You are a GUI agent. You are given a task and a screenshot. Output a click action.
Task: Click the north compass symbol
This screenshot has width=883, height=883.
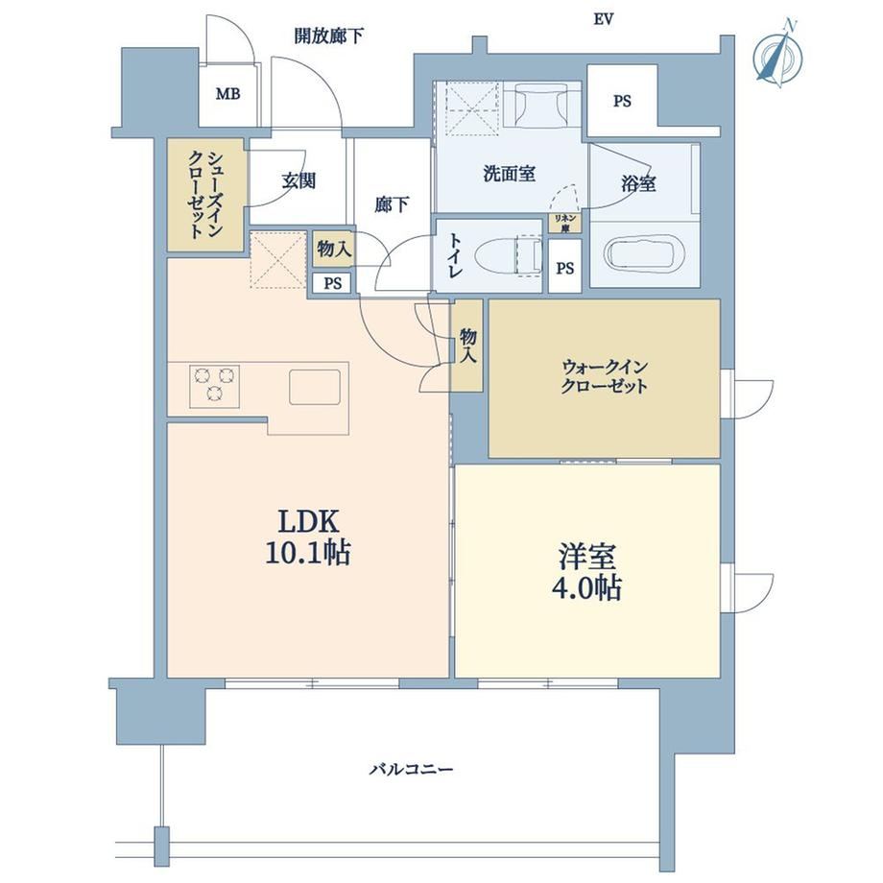click(x=778, y=53)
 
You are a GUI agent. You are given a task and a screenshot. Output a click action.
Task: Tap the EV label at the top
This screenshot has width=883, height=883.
click(x=603, y=20)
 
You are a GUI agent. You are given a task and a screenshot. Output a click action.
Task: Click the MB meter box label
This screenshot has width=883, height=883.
click(x=228, y=94)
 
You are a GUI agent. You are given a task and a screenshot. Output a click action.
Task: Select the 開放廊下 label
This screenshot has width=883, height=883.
click(x=329, y=36)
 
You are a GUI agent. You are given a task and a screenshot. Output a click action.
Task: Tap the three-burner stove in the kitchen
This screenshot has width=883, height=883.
click(x=214, y=386)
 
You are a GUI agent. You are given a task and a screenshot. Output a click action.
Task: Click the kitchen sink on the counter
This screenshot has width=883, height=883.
click(x=315, y=387)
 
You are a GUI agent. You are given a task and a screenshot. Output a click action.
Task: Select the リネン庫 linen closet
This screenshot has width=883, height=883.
click(x=564, y=223)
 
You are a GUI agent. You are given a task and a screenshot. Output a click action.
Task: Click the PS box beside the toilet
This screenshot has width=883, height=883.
click(x=564, y=267)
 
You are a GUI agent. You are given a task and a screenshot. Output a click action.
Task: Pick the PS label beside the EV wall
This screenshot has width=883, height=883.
click(x=622, y=102)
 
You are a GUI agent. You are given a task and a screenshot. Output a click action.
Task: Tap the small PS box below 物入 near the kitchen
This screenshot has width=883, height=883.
click(x=332, y=283)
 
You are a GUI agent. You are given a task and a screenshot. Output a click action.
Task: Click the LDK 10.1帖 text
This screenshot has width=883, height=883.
click(x=308, y=537)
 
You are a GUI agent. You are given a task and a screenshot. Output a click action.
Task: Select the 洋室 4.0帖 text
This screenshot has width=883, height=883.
click(x=587, y=572)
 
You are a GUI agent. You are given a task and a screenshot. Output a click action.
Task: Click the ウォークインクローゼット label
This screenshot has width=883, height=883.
click(x=605, y=377)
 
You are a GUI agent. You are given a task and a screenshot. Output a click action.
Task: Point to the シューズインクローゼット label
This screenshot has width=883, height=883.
click(x=205, y=194)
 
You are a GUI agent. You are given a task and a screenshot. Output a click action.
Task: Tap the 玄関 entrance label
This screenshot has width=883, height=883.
click(x=299, y=181)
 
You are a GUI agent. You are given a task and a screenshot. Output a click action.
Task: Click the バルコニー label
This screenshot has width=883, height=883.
click(x=411, y=769)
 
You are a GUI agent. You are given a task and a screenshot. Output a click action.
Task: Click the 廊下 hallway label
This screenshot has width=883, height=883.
click(x=392, y=203)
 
